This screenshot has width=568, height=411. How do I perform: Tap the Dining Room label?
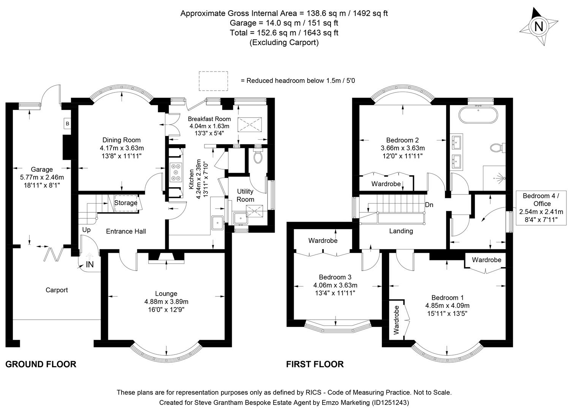pyautogui.click(x=122, y=140)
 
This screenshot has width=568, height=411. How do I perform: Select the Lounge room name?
pyautogui.click(x=166, y=293)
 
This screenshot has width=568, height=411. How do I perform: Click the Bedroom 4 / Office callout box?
pyautogui.click(x=541, y=207)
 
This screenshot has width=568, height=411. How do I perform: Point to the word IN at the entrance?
pyautogui.click(x=90, y=264)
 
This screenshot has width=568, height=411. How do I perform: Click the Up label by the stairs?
pyautogui.click(x=86, y=230)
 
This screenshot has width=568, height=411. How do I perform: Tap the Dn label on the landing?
pyautogui.click(x=429, y=205)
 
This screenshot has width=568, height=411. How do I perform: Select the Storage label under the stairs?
pyautogui.click(x=126, y=203)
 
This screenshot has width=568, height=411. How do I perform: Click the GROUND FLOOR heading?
pyautogui.click(x=41, y=364)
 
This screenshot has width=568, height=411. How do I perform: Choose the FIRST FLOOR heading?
pyautogui.click(x=315, y=364)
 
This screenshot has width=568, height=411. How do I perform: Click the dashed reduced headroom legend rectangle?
pyautogui.click(x=213, y=81)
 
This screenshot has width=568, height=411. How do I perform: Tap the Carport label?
pyautogui.click(x=57, y=290)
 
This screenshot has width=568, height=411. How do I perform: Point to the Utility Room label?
pyautogui.click(x=245, y=195)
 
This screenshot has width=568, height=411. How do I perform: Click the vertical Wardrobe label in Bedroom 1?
pyautogui.click(x=397, y=320)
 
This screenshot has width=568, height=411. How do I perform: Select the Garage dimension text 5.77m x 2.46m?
pyautogui.click(x=42, y=177)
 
